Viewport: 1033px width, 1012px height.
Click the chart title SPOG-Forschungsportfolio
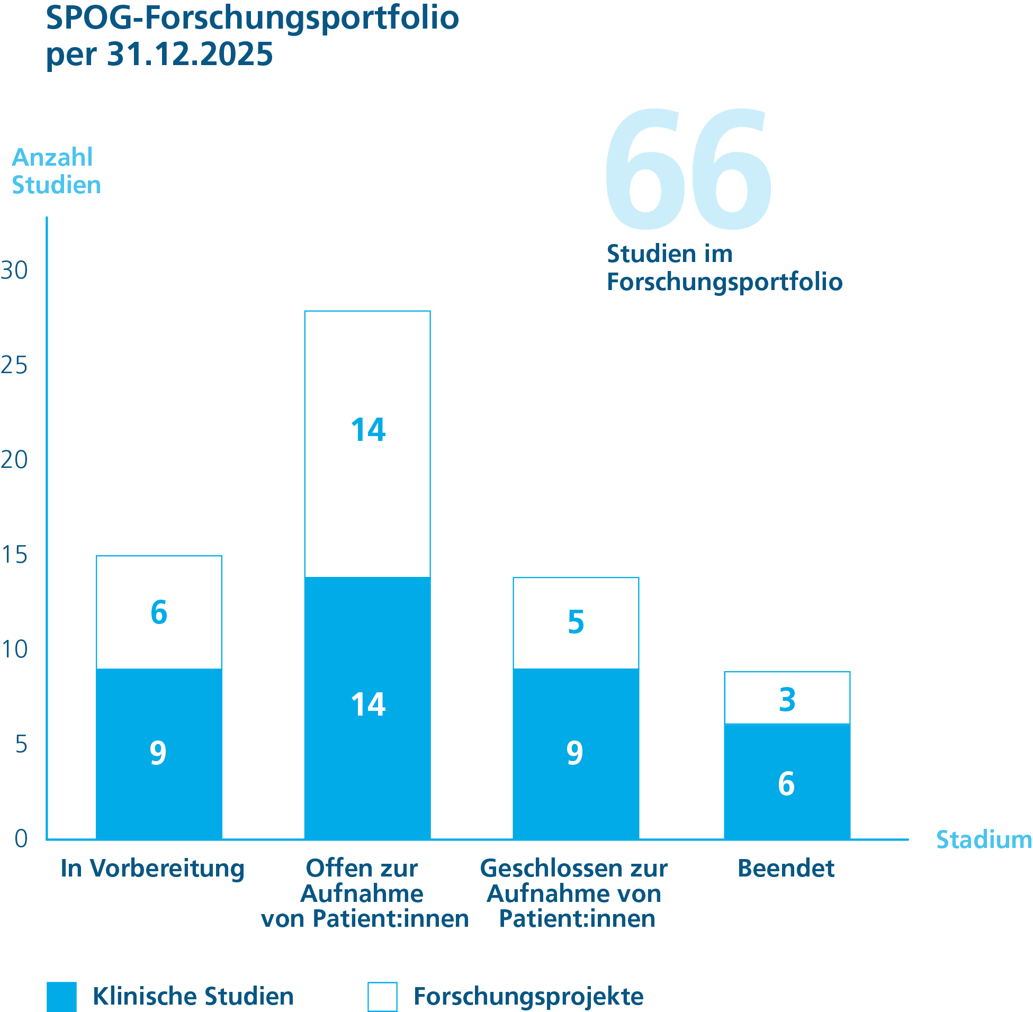(x=252, y=18)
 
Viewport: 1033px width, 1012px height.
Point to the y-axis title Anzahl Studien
(x=56, y=171)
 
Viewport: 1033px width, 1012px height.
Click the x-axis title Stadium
(x=984, y=840)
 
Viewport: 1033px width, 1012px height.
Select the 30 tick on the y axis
(x=14, y=270)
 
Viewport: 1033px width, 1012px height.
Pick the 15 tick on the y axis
(x=14, y=555)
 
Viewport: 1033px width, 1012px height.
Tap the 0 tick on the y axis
(x=21, y=839)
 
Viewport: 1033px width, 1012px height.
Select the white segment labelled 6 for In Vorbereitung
(x=159, y=612)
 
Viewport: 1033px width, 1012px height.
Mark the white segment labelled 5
(x=576, y=623)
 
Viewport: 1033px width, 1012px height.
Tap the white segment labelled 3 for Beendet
(x=787, y=699)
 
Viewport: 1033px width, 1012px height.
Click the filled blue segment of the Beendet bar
(x=787, y=782)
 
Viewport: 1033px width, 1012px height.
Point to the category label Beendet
(x=786, y=869)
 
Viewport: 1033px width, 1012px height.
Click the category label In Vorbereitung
(x=152, y=869)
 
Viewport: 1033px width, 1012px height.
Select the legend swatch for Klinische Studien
(x=61, y=997)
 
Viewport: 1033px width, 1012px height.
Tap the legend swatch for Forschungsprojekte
(x=382, y=997)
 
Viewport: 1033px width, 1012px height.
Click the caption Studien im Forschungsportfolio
(x=724, y=268)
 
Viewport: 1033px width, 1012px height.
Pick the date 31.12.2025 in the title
(x=190, y=54)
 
